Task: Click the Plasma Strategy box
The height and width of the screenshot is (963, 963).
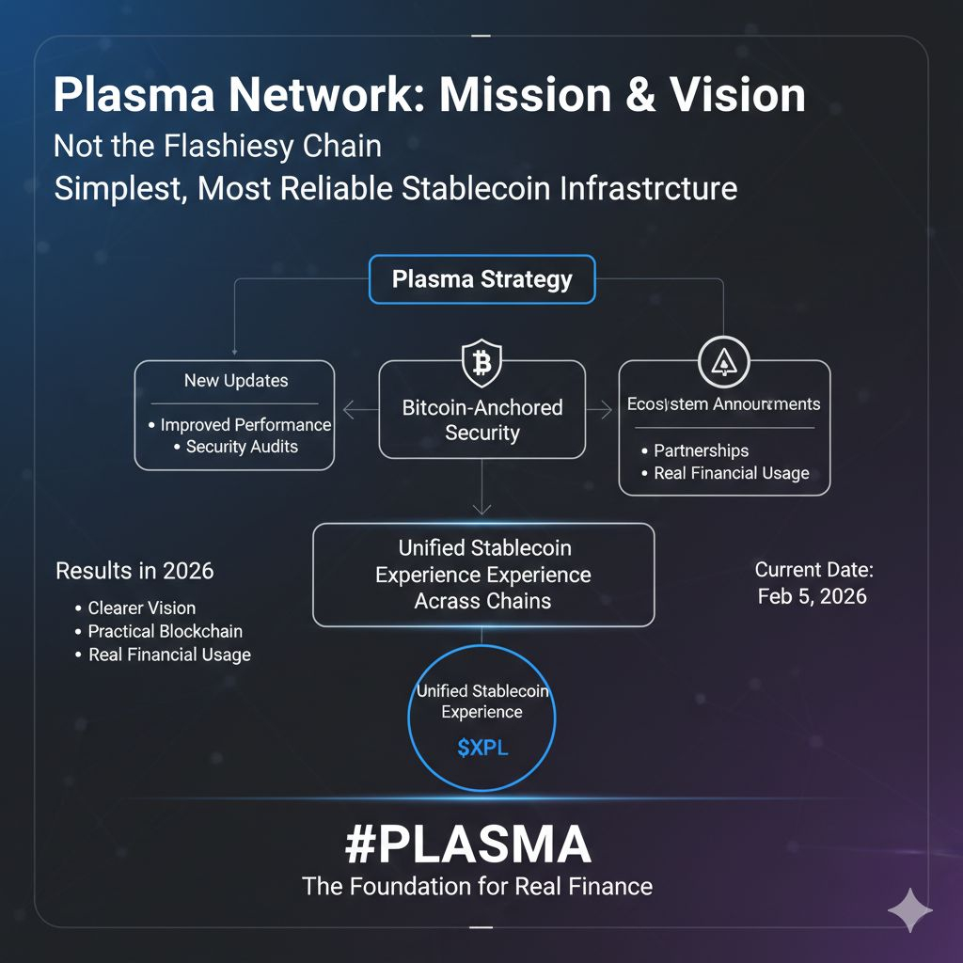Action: point(481,279)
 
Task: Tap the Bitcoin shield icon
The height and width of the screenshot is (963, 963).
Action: point(481,361)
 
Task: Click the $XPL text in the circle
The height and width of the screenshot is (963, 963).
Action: point(481,749)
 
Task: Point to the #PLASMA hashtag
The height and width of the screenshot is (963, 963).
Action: point(467,845)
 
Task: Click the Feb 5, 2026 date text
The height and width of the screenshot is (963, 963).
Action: point(812,596)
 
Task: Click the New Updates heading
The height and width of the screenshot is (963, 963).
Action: point(236,381)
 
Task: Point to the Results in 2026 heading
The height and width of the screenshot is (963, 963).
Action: point(134,570)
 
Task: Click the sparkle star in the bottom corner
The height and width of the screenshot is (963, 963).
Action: point(910,910)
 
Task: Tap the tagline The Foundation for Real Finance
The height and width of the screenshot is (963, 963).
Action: point(477,886)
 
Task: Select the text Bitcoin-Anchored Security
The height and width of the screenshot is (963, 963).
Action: point(481,419)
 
